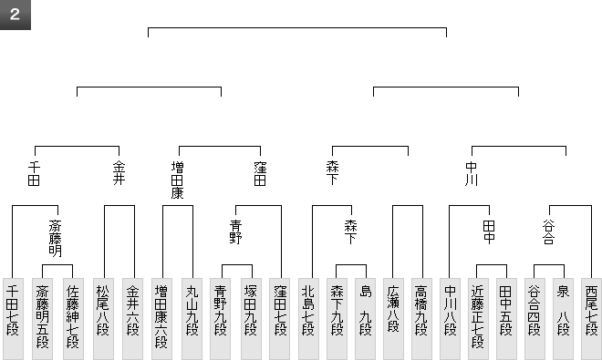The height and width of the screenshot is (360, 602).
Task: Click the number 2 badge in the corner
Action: (15, 15)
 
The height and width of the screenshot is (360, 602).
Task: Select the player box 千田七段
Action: (13, 319)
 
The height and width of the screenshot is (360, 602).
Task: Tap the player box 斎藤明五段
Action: (42, 319)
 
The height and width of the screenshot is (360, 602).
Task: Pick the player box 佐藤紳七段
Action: (73, 319)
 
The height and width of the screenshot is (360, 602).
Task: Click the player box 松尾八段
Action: (103, 319)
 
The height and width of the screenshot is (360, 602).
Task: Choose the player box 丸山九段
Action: (192, 319)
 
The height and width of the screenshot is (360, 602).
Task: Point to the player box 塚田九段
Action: (251, 319)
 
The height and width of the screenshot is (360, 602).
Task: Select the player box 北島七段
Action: (308, 319)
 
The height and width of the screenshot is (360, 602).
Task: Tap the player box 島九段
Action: (365, 319)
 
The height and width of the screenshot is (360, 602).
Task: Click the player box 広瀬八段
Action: (393, 319)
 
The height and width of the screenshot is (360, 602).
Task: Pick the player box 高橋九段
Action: (421, 319)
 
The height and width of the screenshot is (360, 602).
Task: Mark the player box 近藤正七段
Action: (478, 319)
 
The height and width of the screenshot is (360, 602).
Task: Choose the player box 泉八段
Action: (563, 319)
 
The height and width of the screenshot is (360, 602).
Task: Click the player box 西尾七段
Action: (592, 319)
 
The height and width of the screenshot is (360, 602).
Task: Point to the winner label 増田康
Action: (177, 180)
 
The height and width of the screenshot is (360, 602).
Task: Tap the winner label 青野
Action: (235, 231)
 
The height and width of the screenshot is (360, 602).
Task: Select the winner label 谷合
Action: (548, 231)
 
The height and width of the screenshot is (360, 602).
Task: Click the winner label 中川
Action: (472, 173)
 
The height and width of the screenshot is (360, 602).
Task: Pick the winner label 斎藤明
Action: (56, 239)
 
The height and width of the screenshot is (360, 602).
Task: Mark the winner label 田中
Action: (489, 231)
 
